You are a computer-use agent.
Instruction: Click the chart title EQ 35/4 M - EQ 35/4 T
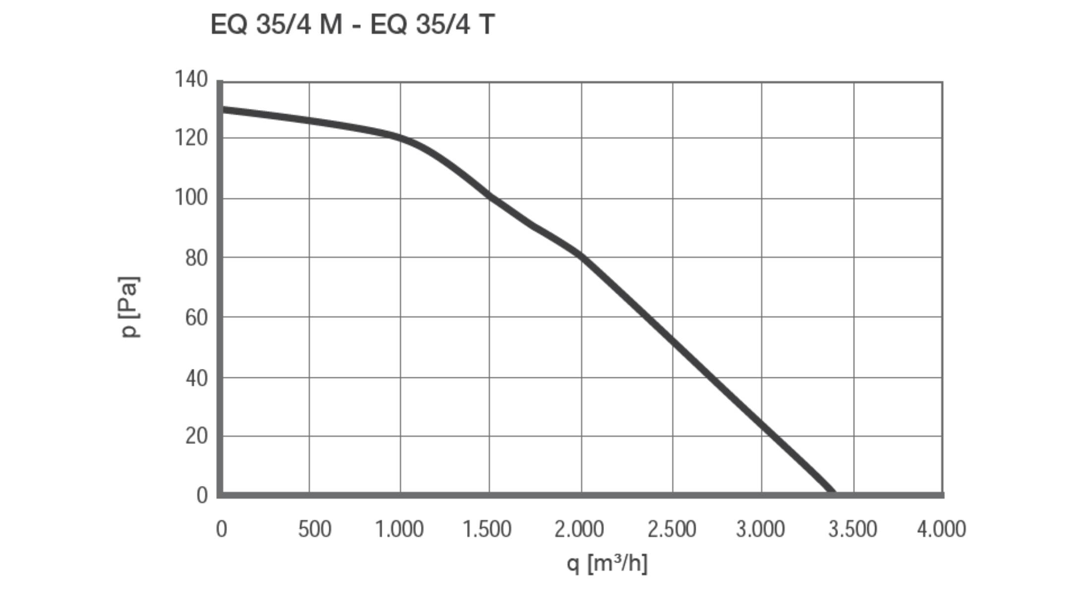tap(353, 24)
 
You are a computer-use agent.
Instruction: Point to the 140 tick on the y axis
tap(191, 79)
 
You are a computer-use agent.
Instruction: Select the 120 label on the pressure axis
tap(191, 138)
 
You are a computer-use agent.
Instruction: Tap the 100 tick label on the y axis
tap(191, 197)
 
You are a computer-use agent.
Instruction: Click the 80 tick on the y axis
tap(196, 258)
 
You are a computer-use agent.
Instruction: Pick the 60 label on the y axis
tap(196, 317)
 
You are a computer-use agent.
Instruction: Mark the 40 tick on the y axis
tap(196, 378)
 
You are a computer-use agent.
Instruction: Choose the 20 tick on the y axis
tap(196, 436)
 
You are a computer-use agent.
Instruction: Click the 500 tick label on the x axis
tap(314, 529)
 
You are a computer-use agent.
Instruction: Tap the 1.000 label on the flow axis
tap(399, 529)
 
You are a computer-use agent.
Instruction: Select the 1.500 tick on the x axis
tap(487, 529)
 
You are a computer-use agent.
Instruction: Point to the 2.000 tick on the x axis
tap(579, 529)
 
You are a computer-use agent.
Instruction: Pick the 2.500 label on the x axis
tap(671, 529)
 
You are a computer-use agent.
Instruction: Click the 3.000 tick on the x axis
tap(760, 529)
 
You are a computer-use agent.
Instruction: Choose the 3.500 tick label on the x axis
tap(852, 529)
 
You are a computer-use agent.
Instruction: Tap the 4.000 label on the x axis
tap(941, 529)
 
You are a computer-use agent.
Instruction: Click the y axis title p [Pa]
tap(130, 307)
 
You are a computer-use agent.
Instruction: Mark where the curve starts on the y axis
tap(222, 110)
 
